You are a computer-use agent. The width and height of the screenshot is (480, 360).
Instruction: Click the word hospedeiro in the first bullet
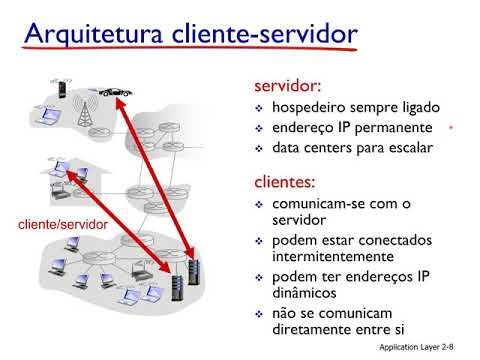pos(316,108)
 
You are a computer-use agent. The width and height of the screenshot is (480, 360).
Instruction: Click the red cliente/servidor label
pos(63,225)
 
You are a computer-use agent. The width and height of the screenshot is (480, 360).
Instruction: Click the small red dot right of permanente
pos(451,129)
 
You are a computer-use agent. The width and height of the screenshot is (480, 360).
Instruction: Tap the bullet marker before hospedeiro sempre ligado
pos(259,109)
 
